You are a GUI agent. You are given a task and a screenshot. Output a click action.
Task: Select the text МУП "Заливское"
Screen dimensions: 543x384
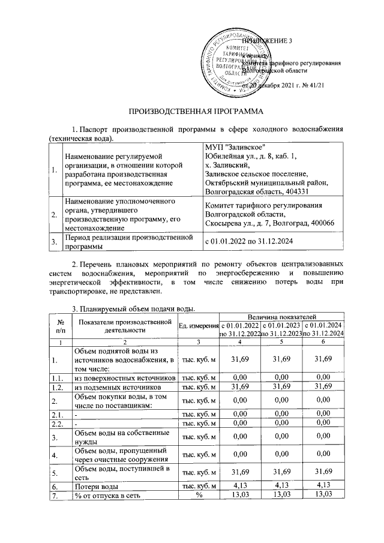[x=235, y=148]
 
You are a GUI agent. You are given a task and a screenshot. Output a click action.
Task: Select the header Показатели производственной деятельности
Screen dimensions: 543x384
[x=125, y=325]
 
